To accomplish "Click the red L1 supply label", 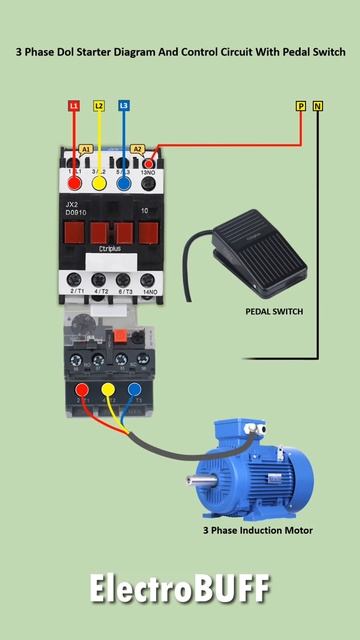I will [74, 105].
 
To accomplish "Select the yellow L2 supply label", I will [98, 105].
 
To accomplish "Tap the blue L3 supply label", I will [123, 105].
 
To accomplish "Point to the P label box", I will [300, 105].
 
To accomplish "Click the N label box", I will [318, 105].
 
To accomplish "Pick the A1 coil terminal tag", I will [86, 148].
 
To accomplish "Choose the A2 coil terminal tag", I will [138, 148].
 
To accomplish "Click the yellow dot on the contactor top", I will [99, 182].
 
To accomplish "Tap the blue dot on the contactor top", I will [123, 182].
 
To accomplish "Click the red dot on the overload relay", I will [82, 390].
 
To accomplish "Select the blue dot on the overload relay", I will [131, 390].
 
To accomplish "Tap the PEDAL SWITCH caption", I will [274, 311].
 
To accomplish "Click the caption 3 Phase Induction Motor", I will [258, 530].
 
